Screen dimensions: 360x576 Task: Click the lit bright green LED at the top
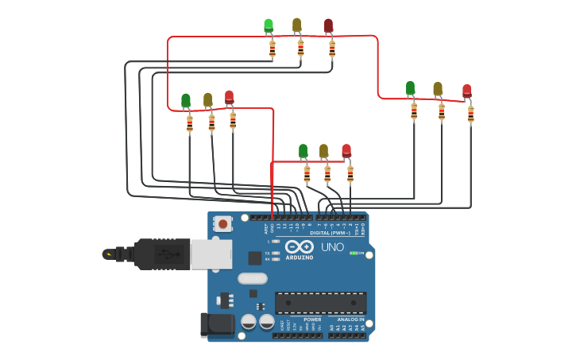[x=269, y=26]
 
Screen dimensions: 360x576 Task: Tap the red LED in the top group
[x=329, y=26]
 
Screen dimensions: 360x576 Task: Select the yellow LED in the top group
[x=297, y=25]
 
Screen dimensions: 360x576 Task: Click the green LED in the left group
[x=186, y=101]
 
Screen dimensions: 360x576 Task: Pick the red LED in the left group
[x=230, y=98]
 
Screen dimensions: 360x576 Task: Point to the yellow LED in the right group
[x=438, y=89]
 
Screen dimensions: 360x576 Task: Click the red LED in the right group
[x=467, y=91]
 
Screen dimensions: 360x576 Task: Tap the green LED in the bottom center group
[x=303, y=151]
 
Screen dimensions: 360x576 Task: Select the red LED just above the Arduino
[x=346, y=151]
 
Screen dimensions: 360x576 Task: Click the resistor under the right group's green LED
[x=414, y=111]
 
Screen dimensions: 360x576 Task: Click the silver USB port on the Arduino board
[x=211, y=254]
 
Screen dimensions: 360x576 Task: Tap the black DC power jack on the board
[x=216, y=324]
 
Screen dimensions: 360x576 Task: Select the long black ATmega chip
[x=321, y=303]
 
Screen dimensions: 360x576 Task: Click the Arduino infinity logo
[x=300, y=247]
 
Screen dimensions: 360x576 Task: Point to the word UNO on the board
[x=333, y=247]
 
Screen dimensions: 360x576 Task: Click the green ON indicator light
[x=354, y=253]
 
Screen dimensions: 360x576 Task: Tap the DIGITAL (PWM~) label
[x=331, y=233]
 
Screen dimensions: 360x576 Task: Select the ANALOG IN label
[x=346, y=319]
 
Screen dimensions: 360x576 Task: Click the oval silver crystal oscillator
[x=252, y=278]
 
